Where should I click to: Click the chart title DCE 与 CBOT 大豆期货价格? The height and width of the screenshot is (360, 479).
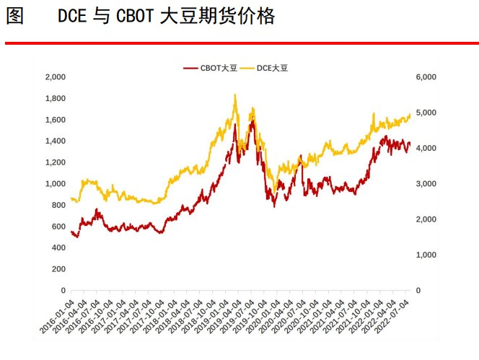pos(166,17)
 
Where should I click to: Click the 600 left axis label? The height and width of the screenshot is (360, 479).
pos(59,227)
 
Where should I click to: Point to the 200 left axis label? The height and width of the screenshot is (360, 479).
pos(59,269)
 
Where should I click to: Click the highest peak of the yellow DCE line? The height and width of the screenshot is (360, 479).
pos(235,95)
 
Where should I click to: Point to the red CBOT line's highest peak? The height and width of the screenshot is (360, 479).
pos(252,119)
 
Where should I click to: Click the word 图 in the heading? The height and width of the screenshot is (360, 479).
pos(14,17)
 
